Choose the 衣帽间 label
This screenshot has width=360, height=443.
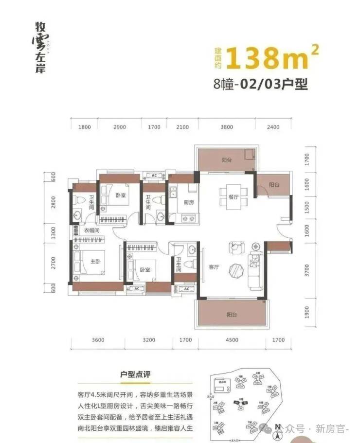91,230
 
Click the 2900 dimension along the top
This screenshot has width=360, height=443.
119,127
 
